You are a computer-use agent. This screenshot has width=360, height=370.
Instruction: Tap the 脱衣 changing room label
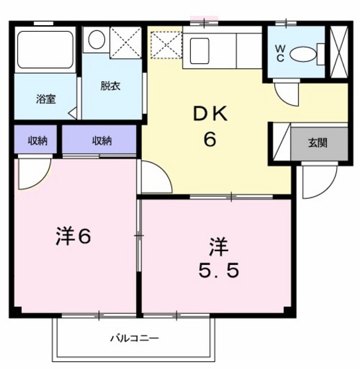[x=111, y=86]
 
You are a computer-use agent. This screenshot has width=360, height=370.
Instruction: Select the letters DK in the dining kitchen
[x=211, y=114]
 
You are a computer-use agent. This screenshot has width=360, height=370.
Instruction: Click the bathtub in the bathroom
[x=44, y=50]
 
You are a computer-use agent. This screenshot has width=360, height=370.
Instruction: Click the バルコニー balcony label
[x=133, y=339]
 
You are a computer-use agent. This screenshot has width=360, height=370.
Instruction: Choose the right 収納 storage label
[x=101, y=140]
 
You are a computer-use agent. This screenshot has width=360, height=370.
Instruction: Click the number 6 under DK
[x=211, y=139]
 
